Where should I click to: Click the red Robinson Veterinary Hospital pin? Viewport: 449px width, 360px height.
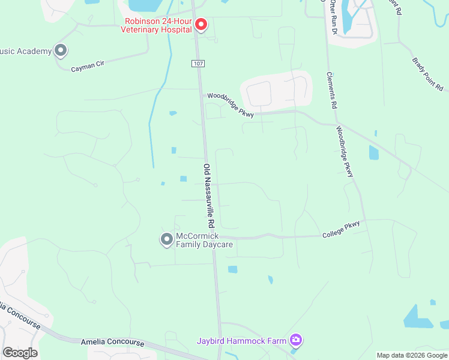pos(201,25)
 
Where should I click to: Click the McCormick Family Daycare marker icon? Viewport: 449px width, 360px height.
pos(166,240)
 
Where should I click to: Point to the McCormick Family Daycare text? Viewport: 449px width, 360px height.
pos(203,240)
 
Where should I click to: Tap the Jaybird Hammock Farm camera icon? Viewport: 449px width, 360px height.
pos(295,341)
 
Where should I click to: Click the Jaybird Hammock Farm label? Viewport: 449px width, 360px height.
pos(241,341)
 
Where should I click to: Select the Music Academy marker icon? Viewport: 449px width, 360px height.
pos(60,51)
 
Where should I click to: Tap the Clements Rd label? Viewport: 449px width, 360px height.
pos(331,90)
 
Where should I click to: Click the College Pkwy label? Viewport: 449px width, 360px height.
pos(341,229)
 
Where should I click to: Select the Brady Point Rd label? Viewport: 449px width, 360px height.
pos(427,74)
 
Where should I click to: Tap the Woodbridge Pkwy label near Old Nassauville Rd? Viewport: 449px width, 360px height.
pos(231,104)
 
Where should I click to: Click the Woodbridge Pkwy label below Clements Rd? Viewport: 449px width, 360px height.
pos(345,151)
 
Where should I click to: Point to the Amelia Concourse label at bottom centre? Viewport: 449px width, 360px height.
pos(112,343)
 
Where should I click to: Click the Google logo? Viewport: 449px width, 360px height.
pos(20,353)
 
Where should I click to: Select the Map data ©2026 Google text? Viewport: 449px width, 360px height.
pos(412,355)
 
